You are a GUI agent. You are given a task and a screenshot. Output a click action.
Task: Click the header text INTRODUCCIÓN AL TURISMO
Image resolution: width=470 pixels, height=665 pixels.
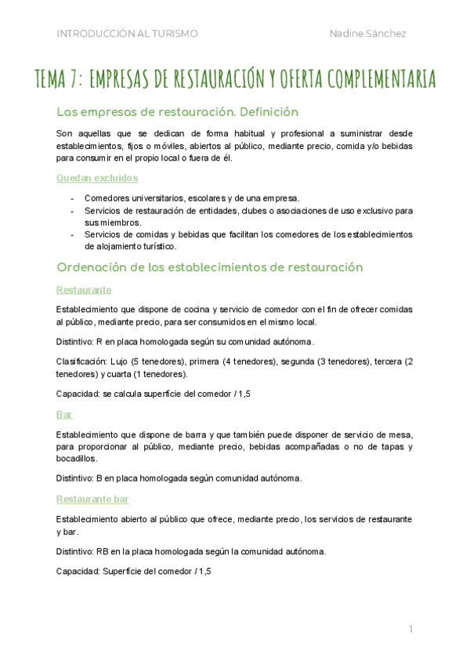pos(127,33)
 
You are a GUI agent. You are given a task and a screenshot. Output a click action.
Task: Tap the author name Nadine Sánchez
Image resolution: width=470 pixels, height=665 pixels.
pos(368,33)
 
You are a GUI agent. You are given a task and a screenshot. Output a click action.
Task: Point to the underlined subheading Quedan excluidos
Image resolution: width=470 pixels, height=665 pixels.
pos(86,178)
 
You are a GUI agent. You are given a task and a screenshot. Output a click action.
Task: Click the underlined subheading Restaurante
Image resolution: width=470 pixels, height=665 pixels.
pos(84,290)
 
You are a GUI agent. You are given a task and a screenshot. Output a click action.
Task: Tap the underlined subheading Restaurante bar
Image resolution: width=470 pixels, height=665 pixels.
pos(93,499)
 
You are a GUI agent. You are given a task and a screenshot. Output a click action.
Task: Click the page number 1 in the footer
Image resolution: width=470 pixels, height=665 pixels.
pos(410,629)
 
